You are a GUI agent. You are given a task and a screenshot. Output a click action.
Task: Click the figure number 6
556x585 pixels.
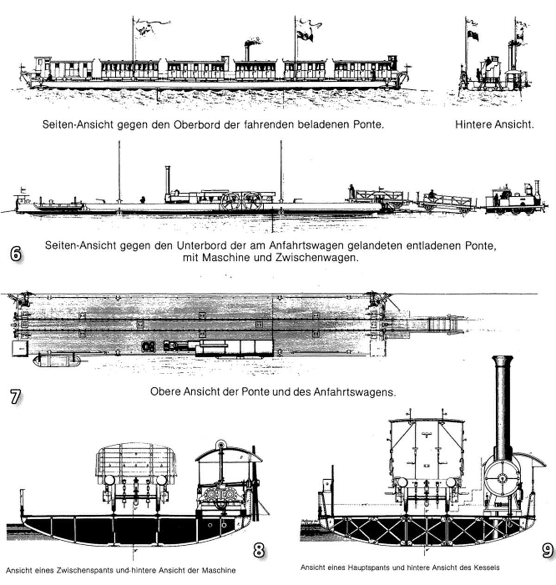click(16, 254)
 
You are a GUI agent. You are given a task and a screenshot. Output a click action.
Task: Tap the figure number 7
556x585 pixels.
click(15, 396)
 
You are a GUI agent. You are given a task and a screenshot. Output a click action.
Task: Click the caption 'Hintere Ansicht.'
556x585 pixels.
click(494, 125)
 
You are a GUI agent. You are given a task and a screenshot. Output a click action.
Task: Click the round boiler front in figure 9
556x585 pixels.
click(503, 478)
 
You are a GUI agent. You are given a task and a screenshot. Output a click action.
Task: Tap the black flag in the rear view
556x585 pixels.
click(473, 36)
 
